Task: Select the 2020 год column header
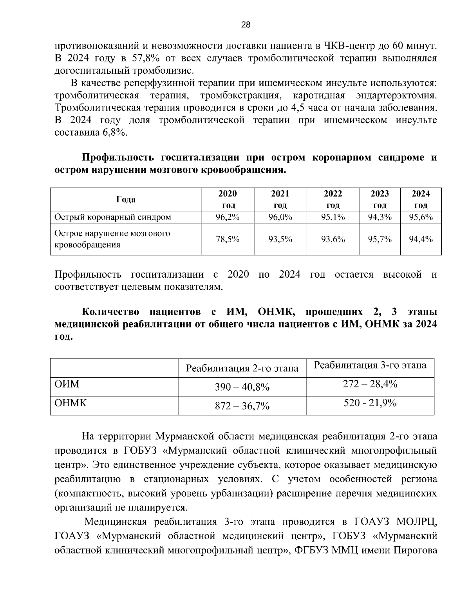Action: (x=228, y=199)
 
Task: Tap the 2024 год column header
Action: (x=421, y=199)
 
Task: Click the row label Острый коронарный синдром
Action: (x=113, y=217)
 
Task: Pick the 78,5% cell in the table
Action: (x=228, y=239)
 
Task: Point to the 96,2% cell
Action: (x=228, y=217)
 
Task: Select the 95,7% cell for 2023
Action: (x=380, y=239)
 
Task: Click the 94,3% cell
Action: (x=380, y=217)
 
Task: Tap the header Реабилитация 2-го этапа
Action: (x=242, y=368)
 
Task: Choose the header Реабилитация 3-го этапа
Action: (x=370, y=365)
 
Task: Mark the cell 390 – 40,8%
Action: (x=242, y=387)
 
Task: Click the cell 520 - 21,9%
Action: (x=370, y=403)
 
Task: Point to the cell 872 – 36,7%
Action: (x=242, y=406)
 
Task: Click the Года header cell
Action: (x=126, y=199)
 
